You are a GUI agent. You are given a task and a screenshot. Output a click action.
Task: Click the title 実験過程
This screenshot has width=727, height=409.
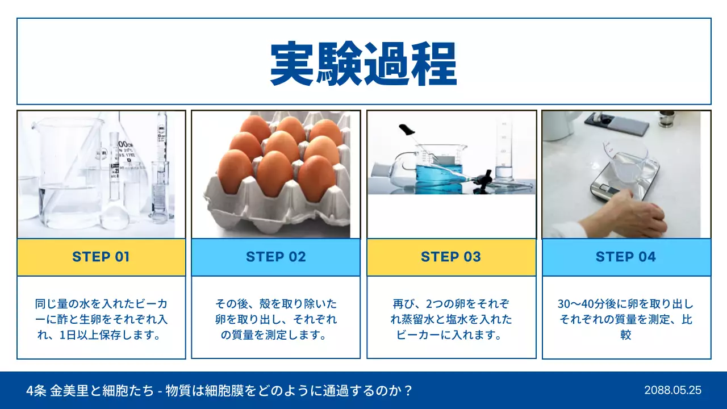pyautogui.click(x=363, y=64)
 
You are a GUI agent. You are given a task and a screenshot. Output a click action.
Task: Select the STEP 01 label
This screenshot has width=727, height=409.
pyautogui.click(x=101, y=257)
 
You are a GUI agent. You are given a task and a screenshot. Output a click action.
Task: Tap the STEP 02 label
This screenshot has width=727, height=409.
pyautogui.click(x=276, y=257)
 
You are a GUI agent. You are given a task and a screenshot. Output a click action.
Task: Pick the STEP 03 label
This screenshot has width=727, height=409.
pyautogui.click(x=451, y=257)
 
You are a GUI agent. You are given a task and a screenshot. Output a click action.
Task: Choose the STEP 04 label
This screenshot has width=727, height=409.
pyautogui.click(x=626, y=257)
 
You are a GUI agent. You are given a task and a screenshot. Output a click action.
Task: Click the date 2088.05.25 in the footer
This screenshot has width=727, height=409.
pyautogui.click(x=672, y=390)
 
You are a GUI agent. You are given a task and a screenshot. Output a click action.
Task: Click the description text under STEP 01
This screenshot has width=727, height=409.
pyautogui.click(x=101, y=319)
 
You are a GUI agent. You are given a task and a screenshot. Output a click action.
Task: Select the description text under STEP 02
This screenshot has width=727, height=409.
pyautogui.click(x=276, y=319)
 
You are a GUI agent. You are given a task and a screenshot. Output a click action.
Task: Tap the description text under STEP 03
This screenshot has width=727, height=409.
pyautogui.click(x=451, y=319)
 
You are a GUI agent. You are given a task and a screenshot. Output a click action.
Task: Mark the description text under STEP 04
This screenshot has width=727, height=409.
pyautogui.click(x=626, y=319)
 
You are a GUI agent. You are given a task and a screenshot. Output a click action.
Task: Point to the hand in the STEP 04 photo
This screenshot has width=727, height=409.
pyautogui.click(x=636, y=213)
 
